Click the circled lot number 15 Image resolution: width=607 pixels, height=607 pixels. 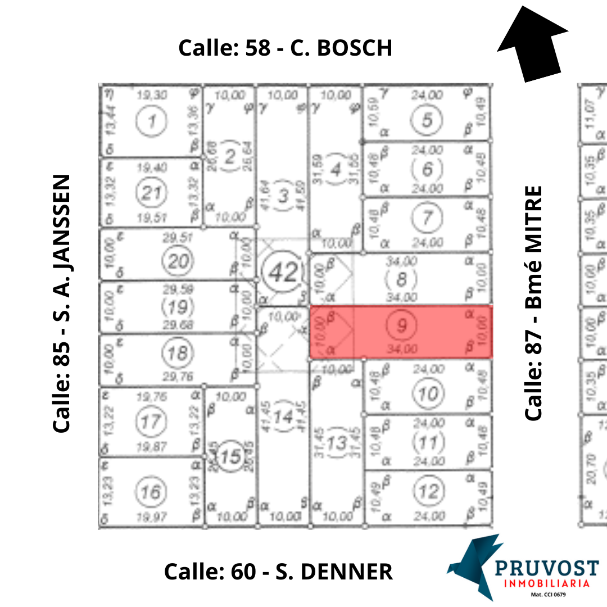point(230,457)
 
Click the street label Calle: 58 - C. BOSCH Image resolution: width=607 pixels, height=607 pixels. point(285,48)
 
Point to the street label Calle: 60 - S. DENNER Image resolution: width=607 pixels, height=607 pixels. point(278,572)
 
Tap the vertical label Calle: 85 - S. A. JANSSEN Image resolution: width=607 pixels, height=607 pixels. point(62,303)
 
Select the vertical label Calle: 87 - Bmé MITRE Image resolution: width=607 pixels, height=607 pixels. point(533,303)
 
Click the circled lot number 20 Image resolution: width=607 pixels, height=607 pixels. point(177,261)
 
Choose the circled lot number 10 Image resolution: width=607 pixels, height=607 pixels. point(428,395)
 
